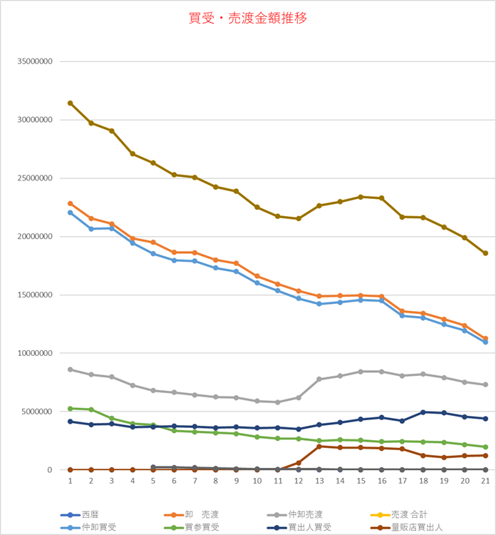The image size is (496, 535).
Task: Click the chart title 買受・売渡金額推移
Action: [x=248, y=19]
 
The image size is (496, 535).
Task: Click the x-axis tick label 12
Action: [x=299, y=481]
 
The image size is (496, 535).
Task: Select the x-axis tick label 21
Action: [x=485, y=481]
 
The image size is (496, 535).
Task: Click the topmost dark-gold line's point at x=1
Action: [x=70, y=103]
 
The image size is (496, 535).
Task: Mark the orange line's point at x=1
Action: [x=70, y=203]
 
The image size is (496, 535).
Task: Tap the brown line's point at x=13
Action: [x=319, y=447]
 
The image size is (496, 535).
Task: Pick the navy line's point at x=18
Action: [x=423, y=412]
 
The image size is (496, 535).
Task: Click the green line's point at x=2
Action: [x=91, y=409]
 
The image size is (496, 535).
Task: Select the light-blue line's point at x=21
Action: [x=485, y=342]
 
